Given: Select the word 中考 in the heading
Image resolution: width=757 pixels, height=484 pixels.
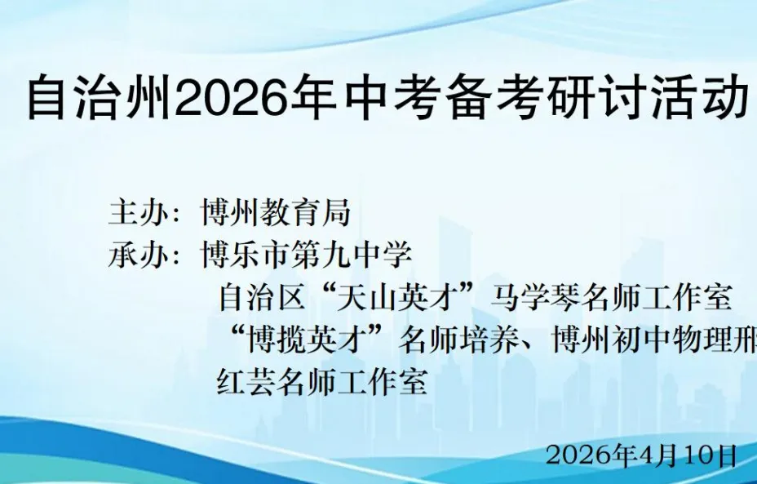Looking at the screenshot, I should pyautogui.click(x=378, y=99).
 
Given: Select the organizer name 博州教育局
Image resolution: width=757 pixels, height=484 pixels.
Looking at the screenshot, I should pyautogui.click(x=276, y=214).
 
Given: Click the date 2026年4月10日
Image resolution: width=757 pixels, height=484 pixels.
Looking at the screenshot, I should pyautogui.click(x=641, y=455).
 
